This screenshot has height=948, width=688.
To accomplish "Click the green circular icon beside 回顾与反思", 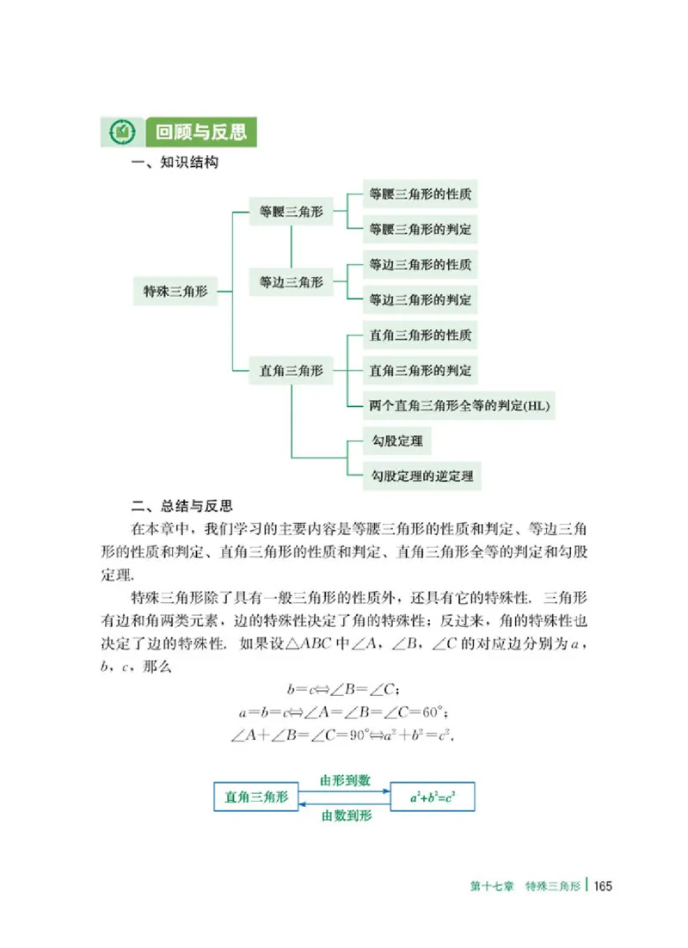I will [121, 132].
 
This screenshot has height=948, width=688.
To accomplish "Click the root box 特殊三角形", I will [175, 292].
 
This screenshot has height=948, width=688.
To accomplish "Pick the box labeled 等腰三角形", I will [292, 211].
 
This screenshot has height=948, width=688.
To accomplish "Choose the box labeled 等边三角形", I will [292, 281].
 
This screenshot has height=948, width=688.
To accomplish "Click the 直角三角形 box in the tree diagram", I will [292, 371].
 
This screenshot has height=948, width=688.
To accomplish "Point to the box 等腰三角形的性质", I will [420, 194].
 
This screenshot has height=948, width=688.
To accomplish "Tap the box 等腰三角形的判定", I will [420, 230].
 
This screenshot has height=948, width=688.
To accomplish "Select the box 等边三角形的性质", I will [420, 264].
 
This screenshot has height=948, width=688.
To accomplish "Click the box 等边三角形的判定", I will [420, 300].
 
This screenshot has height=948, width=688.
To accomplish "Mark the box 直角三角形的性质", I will [420, 335].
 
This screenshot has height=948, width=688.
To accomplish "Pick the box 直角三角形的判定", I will [420, 371].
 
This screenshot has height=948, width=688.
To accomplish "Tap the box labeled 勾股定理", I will [396, 441].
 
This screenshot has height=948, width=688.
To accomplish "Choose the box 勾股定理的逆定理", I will [421, 475].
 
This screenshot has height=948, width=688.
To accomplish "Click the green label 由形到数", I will [345, 780].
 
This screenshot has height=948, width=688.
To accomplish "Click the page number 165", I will [601, 887].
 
